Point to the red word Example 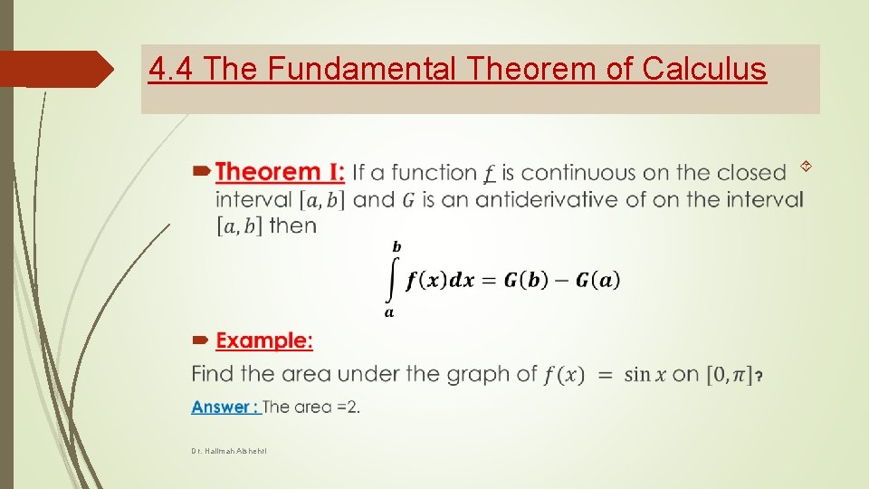point(263,341)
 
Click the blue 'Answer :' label point(224,407)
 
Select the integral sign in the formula point(392,280)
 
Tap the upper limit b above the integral point(396,246)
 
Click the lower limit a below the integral point(389,313)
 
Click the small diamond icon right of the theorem point(805,165)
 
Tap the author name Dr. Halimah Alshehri point(229,451)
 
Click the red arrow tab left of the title point(54,69)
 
